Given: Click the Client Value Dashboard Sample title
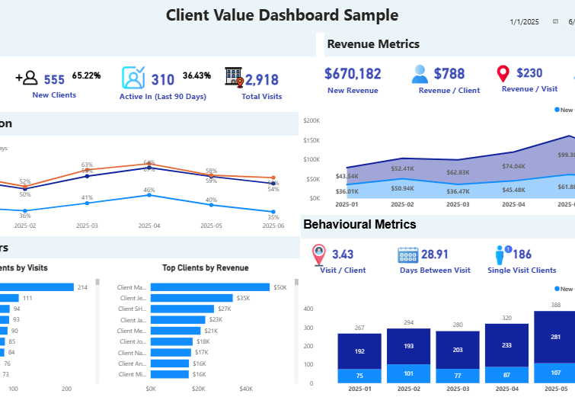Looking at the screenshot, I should pos(282,15).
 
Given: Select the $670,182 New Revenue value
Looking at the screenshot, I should pos(353,74).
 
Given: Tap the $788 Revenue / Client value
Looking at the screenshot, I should pos(449,74).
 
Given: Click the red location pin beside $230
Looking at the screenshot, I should pos(503,74).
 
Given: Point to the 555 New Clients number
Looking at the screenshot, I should pos(54,79).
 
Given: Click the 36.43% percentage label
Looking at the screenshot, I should pos(196,76).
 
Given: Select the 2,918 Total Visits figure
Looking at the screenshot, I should pos(262,80).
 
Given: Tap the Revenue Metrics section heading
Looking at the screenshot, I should pos(373,44).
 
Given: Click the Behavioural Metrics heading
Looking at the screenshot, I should pos(359,224).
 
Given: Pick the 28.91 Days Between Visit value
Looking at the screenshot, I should pos(435,255).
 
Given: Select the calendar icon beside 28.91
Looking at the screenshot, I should pos(408,255).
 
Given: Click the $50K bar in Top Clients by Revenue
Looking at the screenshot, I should pos(210,287).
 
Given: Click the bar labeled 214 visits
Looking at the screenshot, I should pos(37,287).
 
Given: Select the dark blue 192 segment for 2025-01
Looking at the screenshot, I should pos(359,351).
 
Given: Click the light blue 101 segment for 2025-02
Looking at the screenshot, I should pos(408,373).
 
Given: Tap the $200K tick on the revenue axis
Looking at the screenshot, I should pos(311,120).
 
